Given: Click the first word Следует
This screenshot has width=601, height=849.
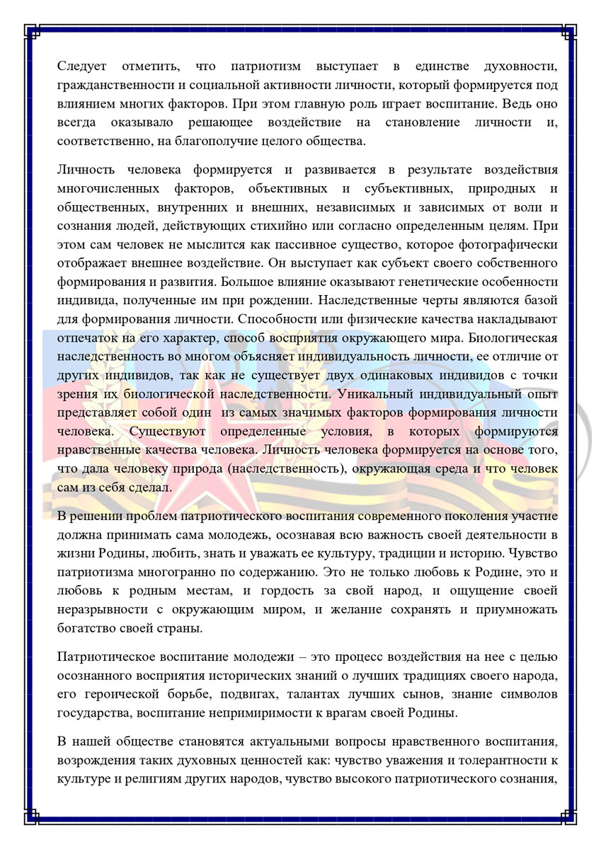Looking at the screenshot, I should [81, 67].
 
